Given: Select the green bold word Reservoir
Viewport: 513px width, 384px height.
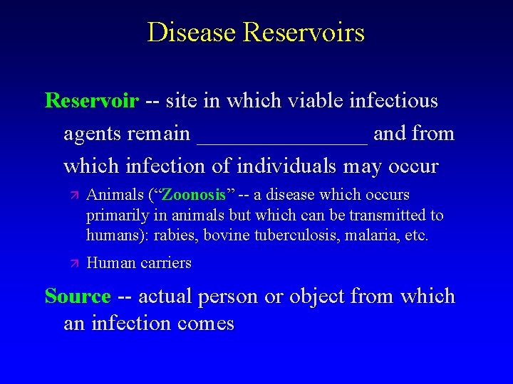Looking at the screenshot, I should (92, 101).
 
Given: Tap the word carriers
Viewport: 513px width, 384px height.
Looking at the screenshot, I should (166, 263).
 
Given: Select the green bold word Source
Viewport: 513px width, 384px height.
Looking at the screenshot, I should (78, 296).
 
